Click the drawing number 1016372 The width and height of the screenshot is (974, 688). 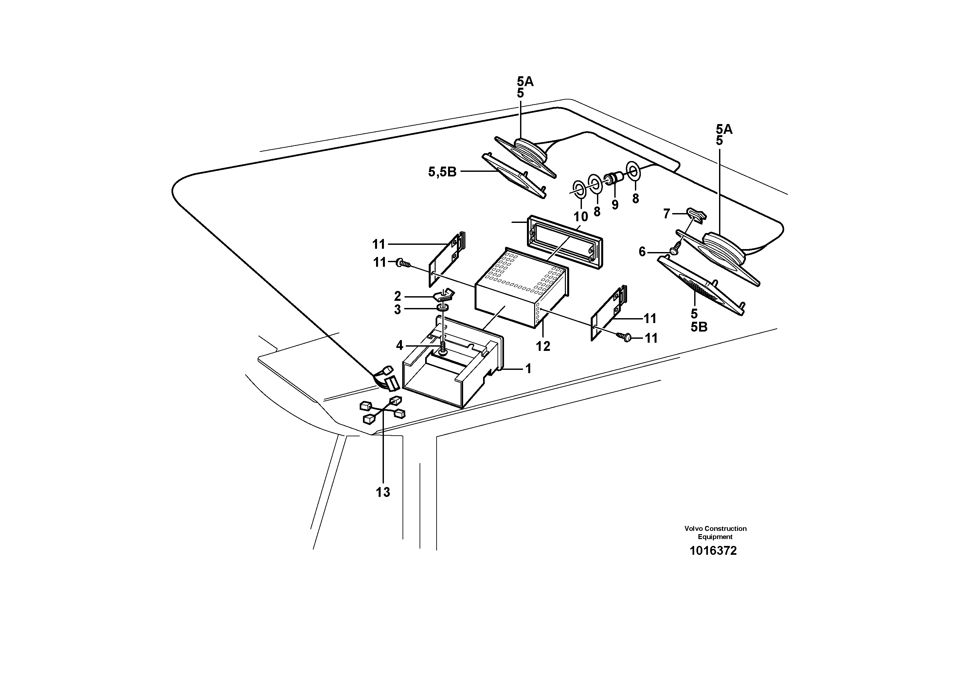(x=713, y=551)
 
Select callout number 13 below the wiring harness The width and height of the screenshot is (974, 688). (x=383, y=493)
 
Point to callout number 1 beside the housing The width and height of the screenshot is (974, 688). (x=528, y=369)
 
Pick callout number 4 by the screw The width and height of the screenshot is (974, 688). (x=400, y=346)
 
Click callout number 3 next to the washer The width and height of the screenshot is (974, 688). (x=397, y=310)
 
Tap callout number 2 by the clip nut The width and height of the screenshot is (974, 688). (x=398, y=296)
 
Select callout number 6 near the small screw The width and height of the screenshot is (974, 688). (x=642, y=252)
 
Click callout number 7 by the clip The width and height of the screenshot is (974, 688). (x=666, y=214)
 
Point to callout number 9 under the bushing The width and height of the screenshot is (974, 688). (x=615, y=205)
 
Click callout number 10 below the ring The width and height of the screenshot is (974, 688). (x=581, y=217)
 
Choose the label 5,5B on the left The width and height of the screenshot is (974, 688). (x=442, y=172)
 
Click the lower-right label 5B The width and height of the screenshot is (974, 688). (x=699, y=327)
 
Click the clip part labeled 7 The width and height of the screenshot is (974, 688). (x=696, y=214)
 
